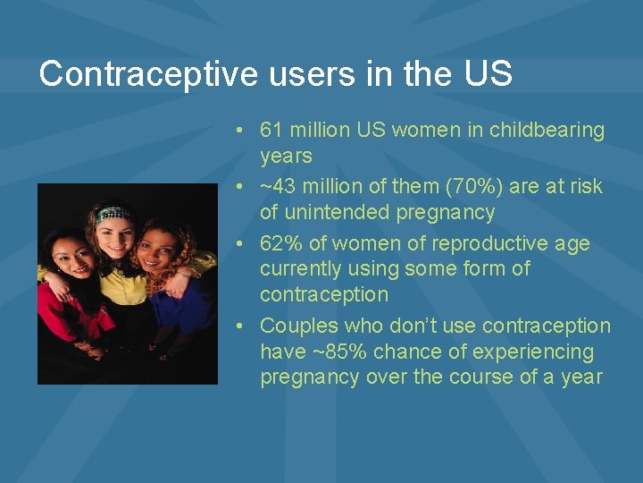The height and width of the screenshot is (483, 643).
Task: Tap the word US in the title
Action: (x=488, y=74)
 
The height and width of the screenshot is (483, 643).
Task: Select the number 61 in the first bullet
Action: (x=271, y=130)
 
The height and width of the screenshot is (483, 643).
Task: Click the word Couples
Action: (x=296, y=326)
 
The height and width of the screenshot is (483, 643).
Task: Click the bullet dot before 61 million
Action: (x=241, y=131)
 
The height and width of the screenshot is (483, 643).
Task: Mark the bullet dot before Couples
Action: (x=241, y=326)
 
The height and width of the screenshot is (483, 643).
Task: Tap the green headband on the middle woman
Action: (x=113, y=215)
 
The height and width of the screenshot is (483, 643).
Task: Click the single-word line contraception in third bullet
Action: (x=324, y=294)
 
